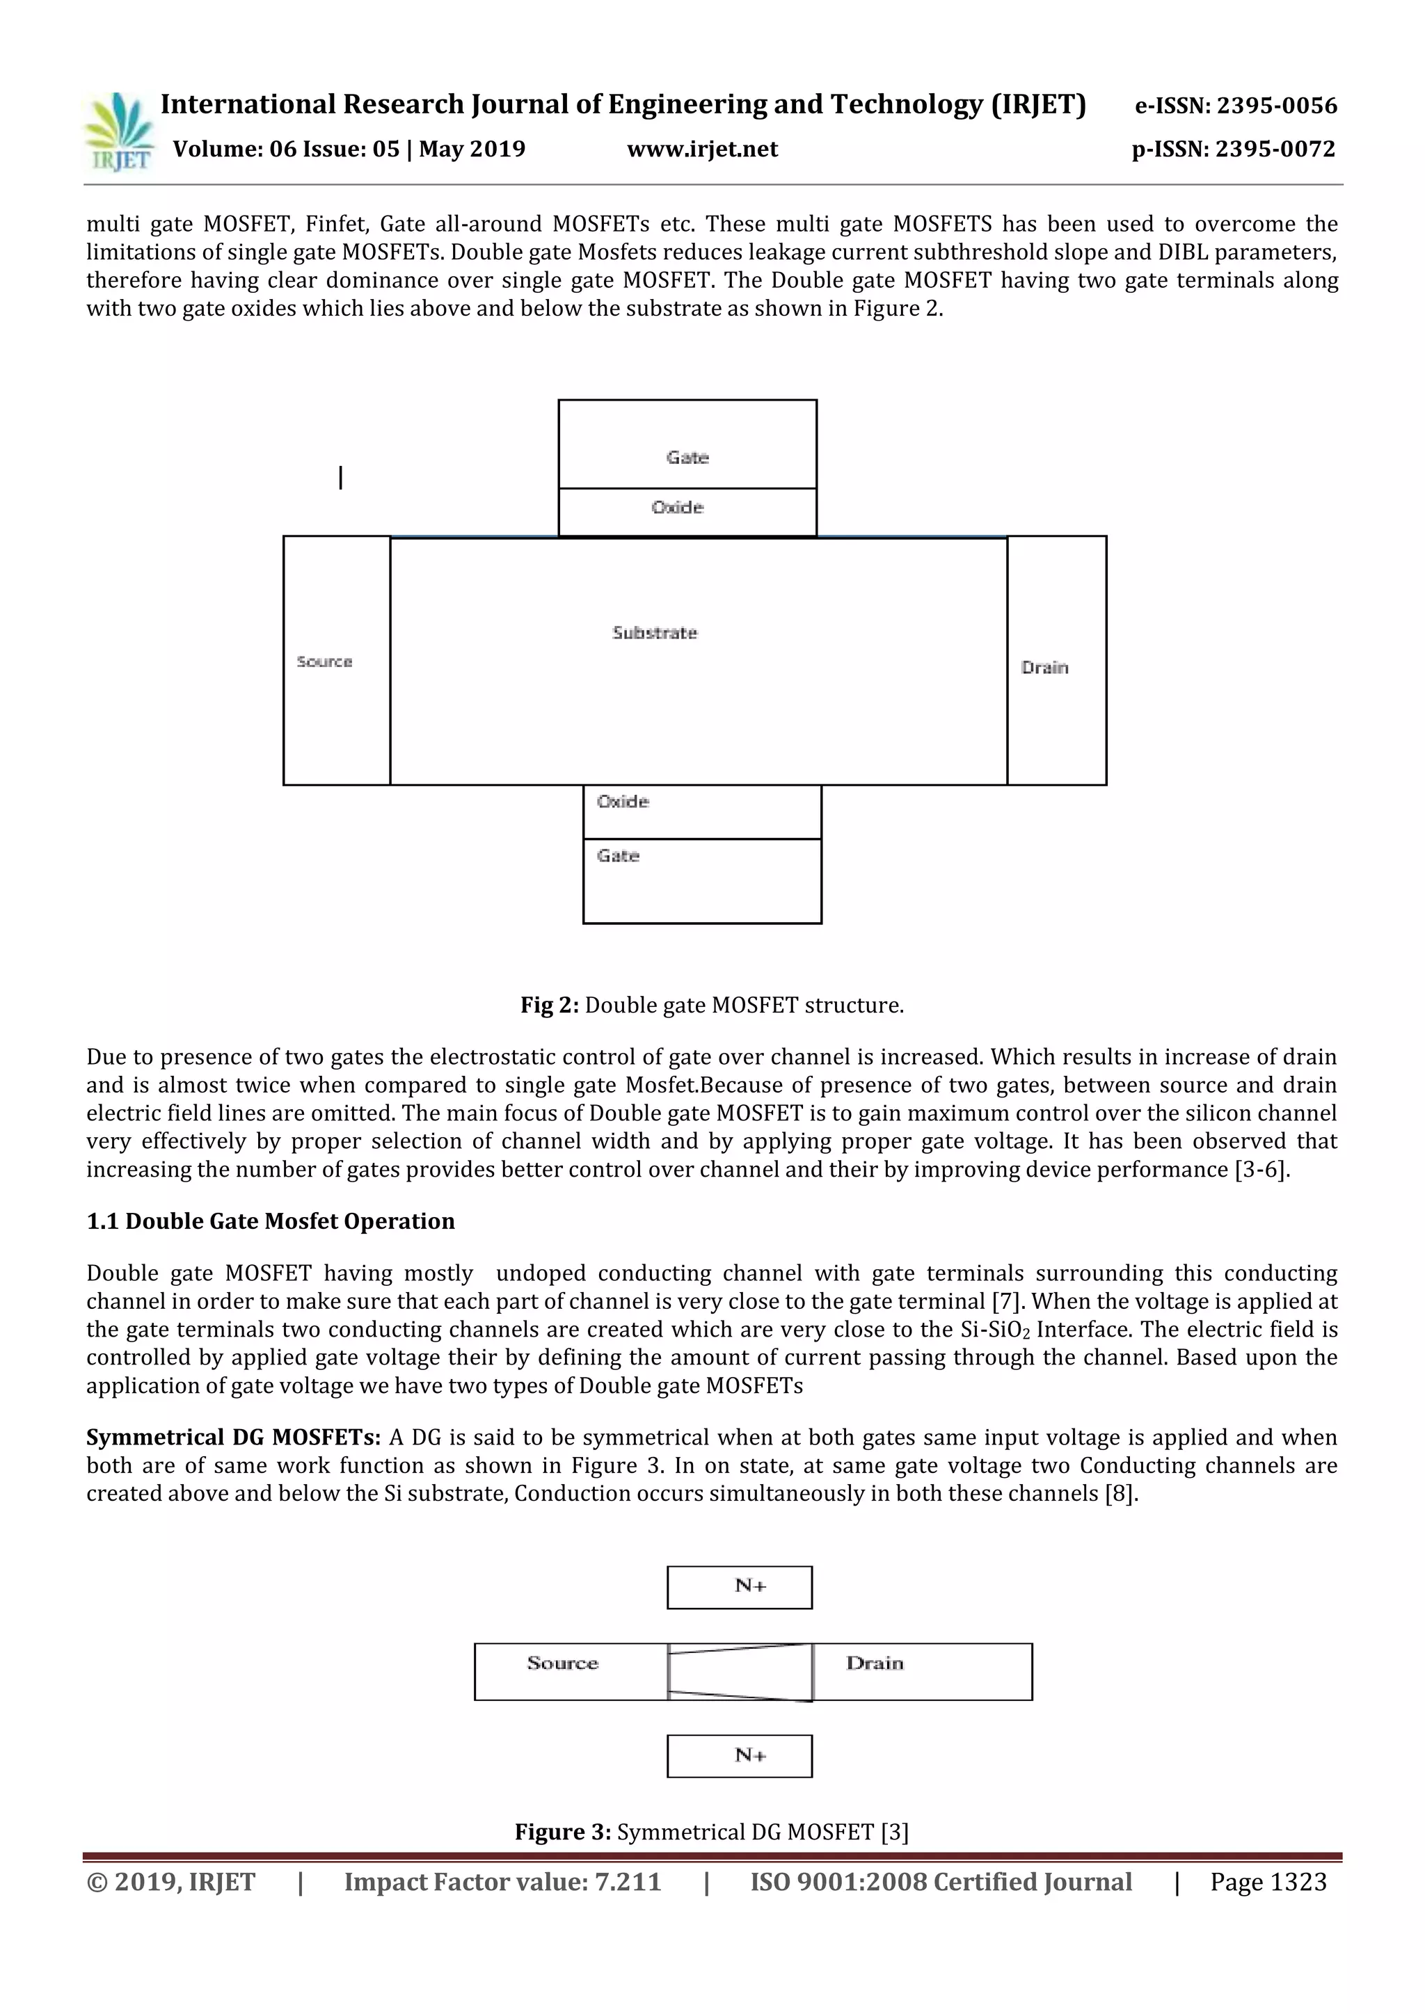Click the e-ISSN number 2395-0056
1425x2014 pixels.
[x=1236, y=106]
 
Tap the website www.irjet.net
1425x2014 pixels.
[x=702, y=149]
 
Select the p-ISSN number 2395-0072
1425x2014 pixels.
[x=1233, y=149]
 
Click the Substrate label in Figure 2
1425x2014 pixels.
[x=655, y=632]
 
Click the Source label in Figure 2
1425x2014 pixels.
[x=324, y=661]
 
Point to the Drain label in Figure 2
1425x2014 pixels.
[x=1044, y=668]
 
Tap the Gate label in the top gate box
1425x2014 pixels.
[x=687, y=457]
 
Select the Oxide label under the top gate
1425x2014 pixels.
[x=678, y=507]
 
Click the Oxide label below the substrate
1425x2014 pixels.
[x=622, y=801]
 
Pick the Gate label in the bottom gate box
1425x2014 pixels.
[x=618, y=855]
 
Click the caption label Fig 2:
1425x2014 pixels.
[x=549, y=1005]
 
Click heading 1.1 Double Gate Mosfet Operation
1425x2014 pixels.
[x=270, y=1221]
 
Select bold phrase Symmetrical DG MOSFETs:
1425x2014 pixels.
[x=233, y=1437]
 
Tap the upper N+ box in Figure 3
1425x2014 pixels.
[x=740, y=1587]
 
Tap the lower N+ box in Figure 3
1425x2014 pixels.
[x=740, y=1755]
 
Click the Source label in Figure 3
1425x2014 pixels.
[x=562, y=1663]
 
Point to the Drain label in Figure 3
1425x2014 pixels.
[x=874, y=1663]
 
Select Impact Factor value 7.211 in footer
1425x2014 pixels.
[x=502, y=1882]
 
